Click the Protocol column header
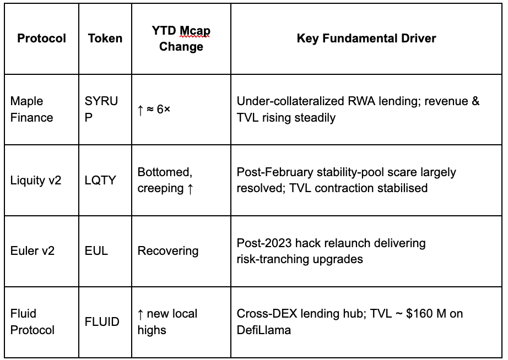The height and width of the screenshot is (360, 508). coord(41,39)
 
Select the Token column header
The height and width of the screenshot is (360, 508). coord(105,39)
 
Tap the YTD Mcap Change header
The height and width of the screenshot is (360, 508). coord(181,39)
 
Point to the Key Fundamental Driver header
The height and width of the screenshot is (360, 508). coord(366,38)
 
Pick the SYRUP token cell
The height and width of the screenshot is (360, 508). coord(101,109)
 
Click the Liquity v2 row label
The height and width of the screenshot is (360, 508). coord(36,180)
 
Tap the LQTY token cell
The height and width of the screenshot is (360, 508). coord(100,180)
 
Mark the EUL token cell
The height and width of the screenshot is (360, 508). coord(96,251)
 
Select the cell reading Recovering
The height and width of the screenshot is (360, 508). coord(168,251)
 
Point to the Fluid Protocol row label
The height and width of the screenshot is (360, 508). coord(33,321)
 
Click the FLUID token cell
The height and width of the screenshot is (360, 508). coord(102,321)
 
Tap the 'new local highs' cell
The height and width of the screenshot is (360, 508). coord(167,321)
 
